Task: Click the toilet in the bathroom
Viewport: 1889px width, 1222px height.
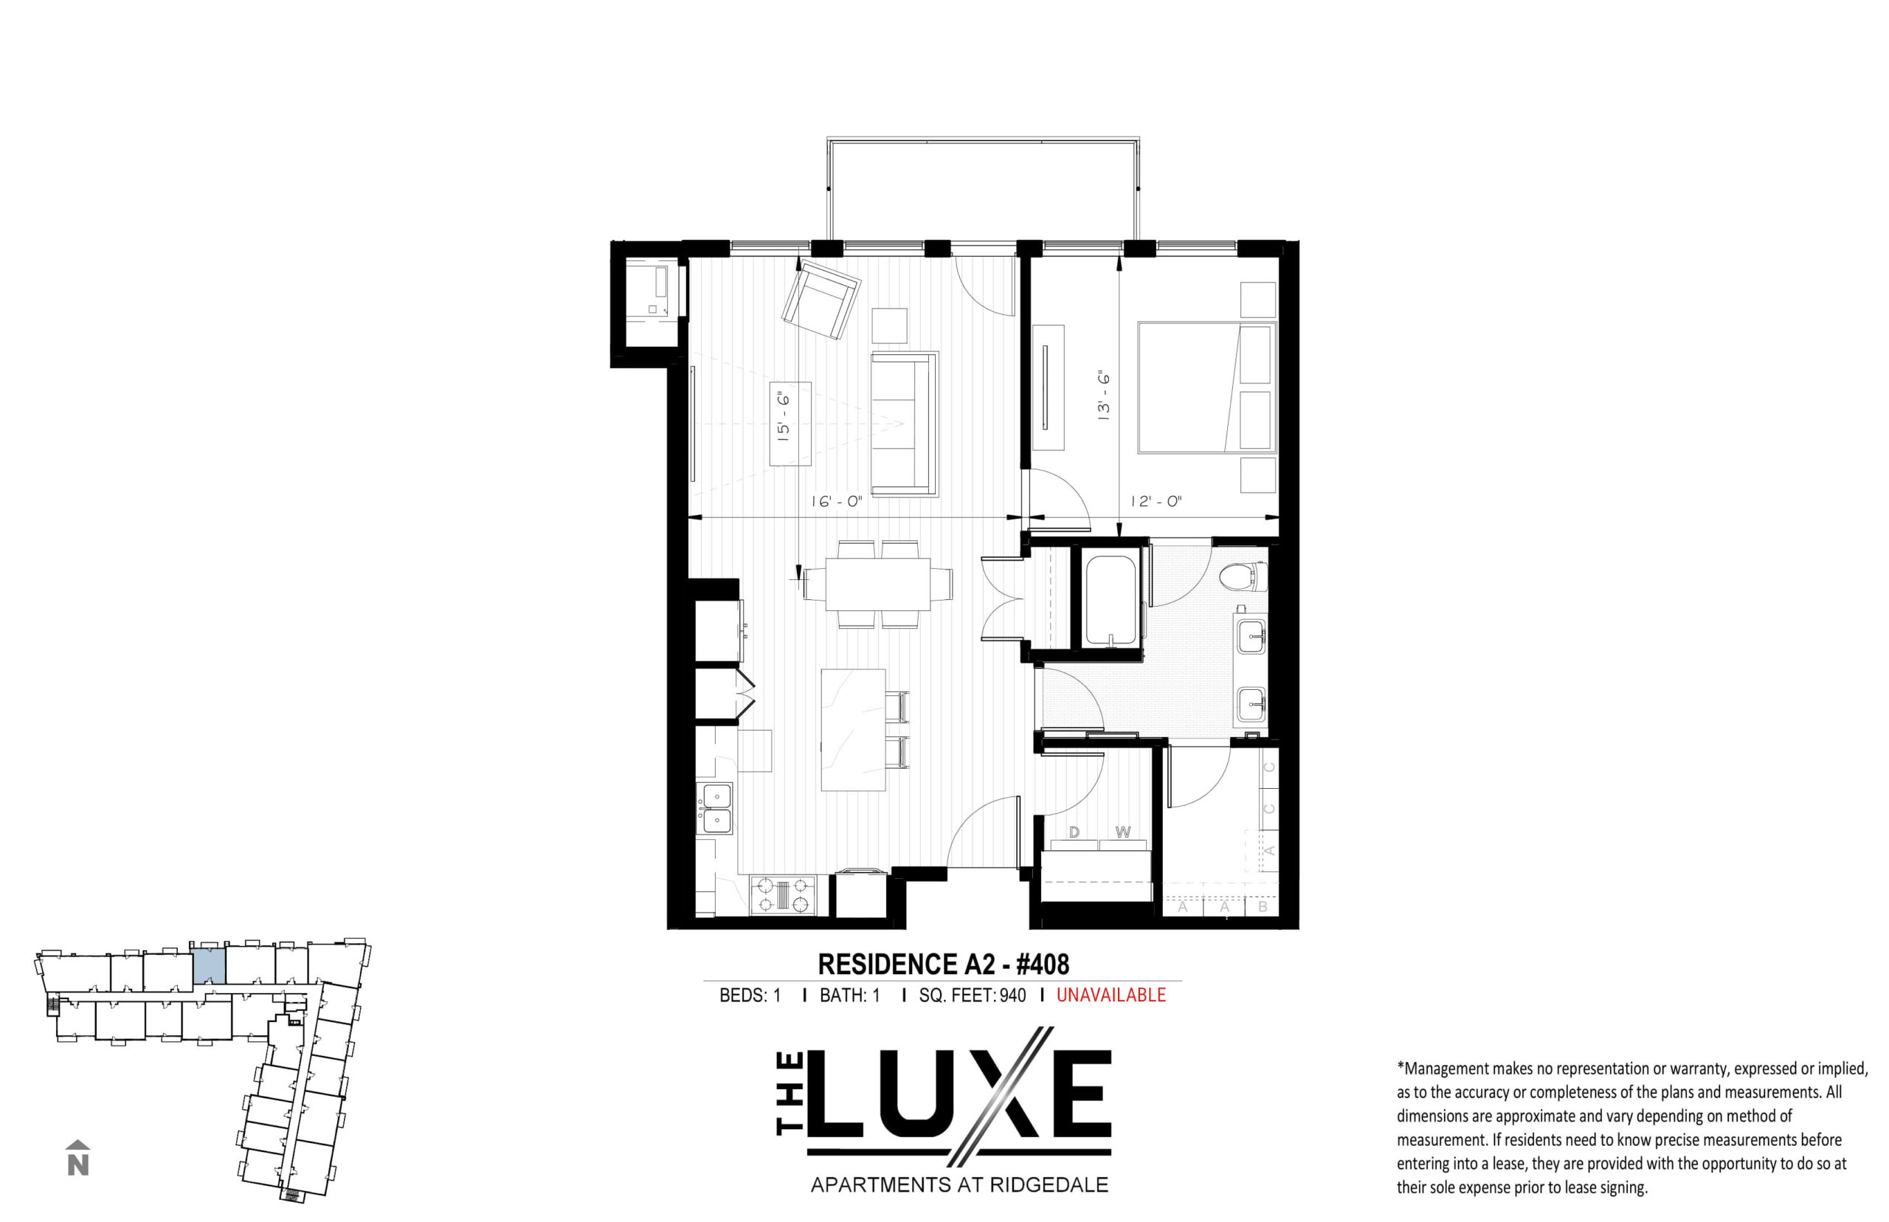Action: [x=1243, y=576]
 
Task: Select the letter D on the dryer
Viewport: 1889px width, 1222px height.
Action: [x=1074, y=832]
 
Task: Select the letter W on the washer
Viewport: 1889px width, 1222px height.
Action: [x=1122, y=832]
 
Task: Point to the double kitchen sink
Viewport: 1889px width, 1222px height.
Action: [x=715, y=808]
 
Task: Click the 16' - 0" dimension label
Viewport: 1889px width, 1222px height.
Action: [x=836, y=502]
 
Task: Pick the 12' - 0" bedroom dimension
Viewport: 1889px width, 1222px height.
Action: [x=1156, y=502]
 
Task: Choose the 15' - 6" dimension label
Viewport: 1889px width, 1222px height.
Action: [x=784, y=417]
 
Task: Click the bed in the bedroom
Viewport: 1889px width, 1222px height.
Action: [x=1206, y=387]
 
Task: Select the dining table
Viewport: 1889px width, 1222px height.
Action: [x=877, y=584]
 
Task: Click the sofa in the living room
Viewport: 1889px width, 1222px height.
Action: [x=905, y=424]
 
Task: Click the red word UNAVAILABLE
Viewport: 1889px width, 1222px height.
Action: [x=1111, y=995]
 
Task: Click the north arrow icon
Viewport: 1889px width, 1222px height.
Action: [x=77, y=1158]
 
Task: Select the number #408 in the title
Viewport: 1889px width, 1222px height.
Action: [x=1043, y=964]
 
